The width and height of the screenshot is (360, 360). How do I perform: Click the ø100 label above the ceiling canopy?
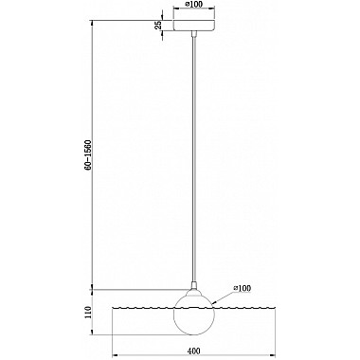pyautogui.click(x=194, y=4)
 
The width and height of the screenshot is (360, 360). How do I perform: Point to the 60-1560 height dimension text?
pyautogui.click(x=88, y=154)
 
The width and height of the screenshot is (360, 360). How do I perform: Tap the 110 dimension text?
pyautogui.click(x=88, y=312)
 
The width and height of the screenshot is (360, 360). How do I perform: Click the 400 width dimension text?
pyautogui.click(x=193, y=351)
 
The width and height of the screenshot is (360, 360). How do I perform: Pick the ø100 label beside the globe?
pyautogui.click(x=243, y=288)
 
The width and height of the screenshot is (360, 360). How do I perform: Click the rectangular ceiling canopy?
pyautogui.click(x=194, y=26)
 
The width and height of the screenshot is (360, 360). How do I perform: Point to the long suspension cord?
pyautogui.click(x=194, y=158)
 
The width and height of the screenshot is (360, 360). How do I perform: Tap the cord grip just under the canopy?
pyautogui.click(x=194, y=33)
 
